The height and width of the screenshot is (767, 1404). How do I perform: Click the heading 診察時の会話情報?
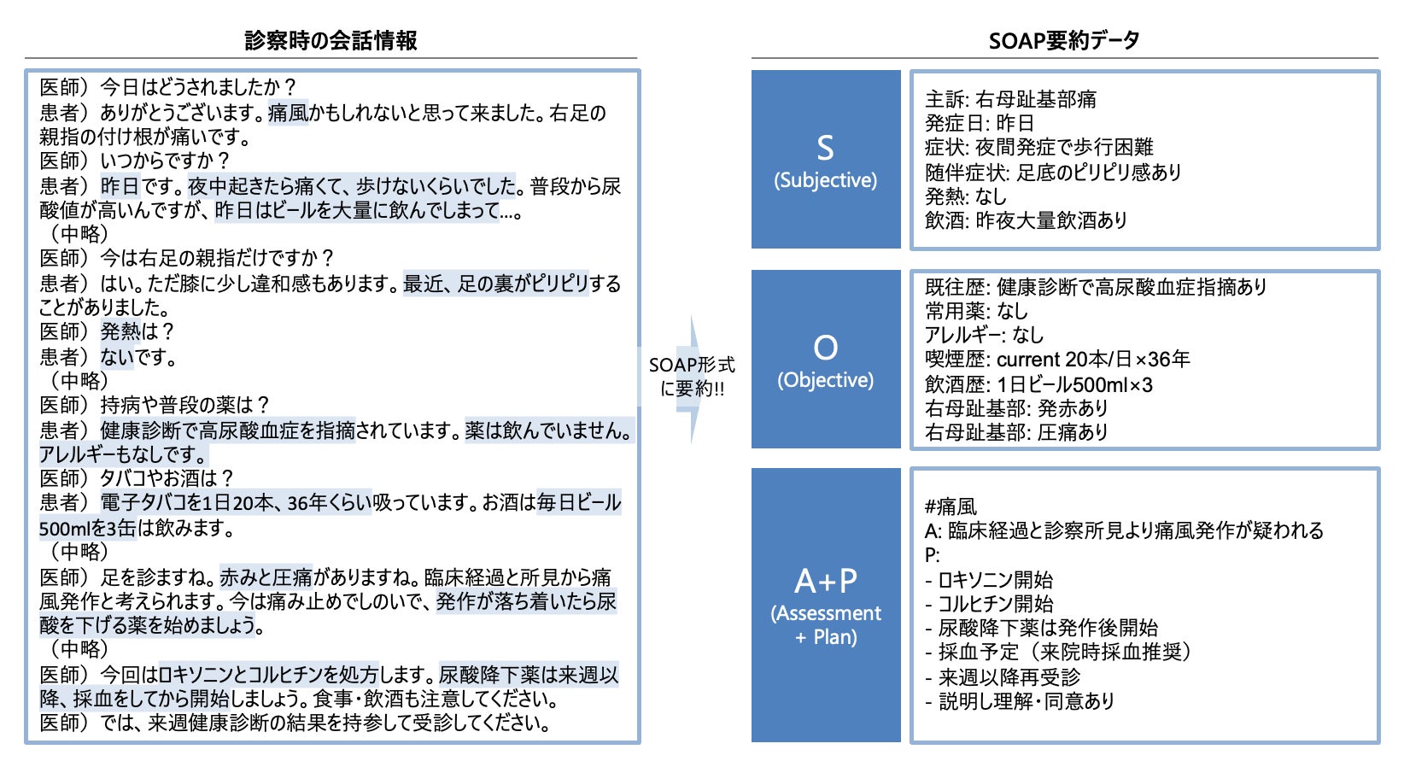pyautogui.click(x=331, y=40)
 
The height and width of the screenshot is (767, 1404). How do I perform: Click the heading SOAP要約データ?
pyautogui.click(x=1063, y=40)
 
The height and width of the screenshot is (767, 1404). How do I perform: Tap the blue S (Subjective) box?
pyautogui.click(x=826, y=159)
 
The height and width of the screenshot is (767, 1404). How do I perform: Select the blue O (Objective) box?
pyautogui.click(x=826, y=359)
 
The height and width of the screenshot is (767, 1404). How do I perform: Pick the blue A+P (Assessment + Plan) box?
pyautogui.click(x=826, y=605)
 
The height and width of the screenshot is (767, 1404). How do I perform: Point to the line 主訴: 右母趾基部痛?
pyautogui.click(x=1010, y=99)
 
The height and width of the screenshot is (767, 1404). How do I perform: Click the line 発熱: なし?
pyautogui.click(x=965, y=196)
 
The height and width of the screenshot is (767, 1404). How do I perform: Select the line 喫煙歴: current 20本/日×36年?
pyautogui.click(x=1056, y=359)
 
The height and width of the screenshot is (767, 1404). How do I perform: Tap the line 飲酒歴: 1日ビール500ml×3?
pyautogui.click(x=1038, y=384)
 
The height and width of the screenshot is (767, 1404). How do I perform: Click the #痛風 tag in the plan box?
pyautogui.click(x=951, y=506)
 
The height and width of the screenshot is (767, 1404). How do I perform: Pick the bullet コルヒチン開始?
pyautogui.click(x=988, y=604)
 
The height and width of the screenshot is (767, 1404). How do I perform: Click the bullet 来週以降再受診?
pyautogui.click(x=1003, y=676)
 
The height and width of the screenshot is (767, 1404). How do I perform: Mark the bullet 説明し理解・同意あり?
pyautogui.click(x=1019, y=700)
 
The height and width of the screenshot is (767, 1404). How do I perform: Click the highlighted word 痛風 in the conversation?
pyautogui.click(x=288, y=113)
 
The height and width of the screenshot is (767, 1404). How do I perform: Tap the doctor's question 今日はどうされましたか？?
pyautogui.click(x=198, y=87)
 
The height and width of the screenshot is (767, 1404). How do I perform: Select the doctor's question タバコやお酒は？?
pyautogui.click(x=167, y=478)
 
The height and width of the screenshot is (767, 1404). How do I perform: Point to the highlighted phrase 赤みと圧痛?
pyautogui.click(x=266, y=577)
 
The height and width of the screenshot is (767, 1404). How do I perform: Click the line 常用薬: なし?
pyautogui.click(x=976, y=311)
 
